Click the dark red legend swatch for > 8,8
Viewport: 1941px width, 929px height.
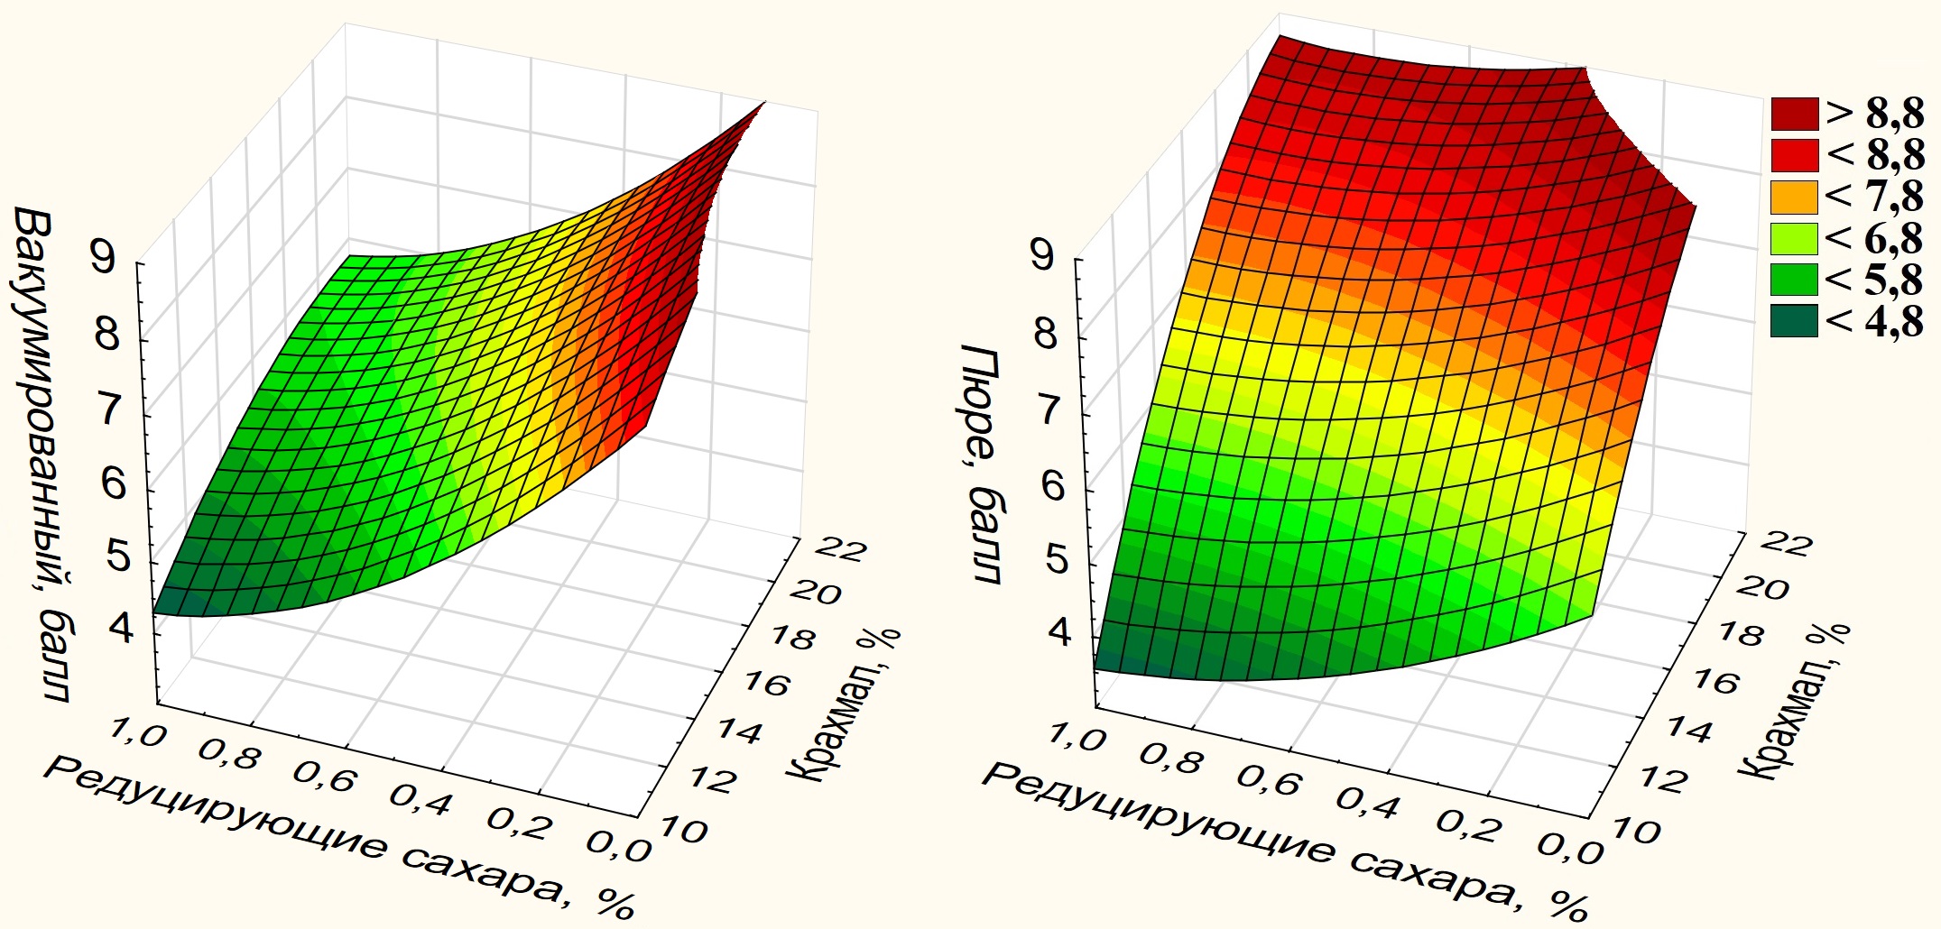click(1793, 115)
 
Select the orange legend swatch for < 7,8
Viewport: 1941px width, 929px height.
click(1793, 198)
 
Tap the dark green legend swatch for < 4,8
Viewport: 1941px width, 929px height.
click(1793, 321)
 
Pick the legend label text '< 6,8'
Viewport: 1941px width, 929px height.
click(1873, 239)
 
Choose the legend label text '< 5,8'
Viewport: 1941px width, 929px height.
click(1873, 281)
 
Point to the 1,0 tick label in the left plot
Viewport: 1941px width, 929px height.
click(137, 733)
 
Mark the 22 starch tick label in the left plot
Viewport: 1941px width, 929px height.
click(840, 548)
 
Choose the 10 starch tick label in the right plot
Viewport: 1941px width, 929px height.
click(1635, 830)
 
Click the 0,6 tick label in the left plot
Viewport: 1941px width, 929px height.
click(326, 777)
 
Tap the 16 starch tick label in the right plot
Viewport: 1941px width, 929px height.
click(1715, 681)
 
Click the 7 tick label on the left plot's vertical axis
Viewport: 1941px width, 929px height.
click(109, 410)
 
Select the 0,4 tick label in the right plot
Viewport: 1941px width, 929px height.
click(1367, 802)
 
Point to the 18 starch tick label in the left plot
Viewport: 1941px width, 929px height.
click(792, 638)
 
